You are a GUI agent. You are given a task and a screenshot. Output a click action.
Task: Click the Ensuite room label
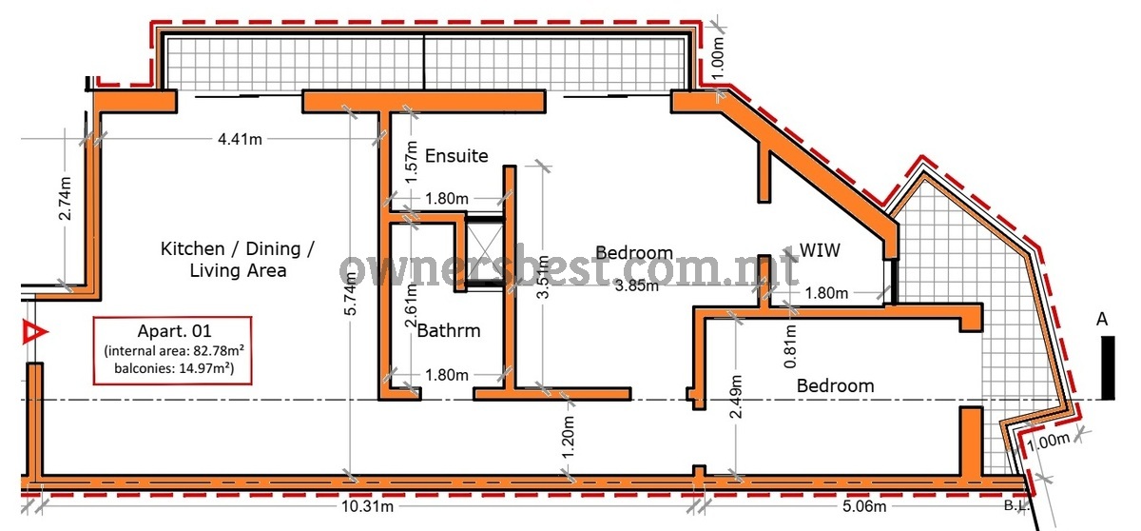(456, 155)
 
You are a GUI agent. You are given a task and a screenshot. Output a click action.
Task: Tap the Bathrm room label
(449, 331)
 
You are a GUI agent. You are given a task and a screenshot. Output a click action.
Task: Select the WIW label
(820, 250)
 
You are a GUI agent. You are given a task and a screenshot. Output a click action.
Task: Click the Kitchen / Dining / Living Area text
(238, 260)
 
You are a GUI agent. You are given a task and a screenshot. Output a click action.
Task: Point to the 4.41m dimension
(240, 139)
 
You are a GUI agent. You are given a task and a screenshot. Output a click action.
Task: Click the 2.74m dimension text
(66, 198)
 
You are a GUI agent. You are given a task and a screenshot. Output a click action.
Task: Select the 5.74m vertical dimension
(351, 293)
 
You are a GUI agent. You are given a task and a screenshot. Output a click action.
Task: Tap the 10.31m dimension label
(368, 506)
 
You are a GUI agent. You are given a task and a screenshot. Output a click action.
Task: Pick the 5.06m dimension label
(864, 506)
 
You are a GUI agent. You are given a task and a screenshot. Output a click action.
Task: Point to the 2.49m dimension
(736, 397)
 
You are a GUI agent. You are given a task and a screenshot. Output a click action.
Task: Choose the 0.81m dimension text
(790, 346)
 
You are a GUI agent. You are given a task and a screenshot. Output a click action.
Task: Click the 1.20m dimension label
(569, 437)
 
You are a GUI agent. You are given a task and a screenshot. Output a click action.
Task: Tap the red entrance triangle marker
(34, 332)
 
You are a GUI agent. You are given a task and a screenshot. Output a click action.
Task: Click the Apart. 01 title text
(174, 331)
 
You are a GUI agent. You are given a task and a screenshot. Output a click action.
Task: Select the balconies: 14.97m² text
(174, 368)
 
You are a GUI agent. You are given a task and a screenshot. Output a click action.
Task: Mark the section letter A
(1102, 320)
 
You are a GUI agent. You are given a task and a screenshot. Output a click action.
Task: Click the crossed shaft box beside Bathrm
(485, 253)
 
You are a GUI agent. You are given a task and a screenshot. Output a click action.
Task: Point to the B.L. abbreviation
(1016, 505)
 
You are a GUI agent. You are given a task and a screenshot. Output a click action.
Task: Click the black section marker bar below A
(1108, 367)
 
